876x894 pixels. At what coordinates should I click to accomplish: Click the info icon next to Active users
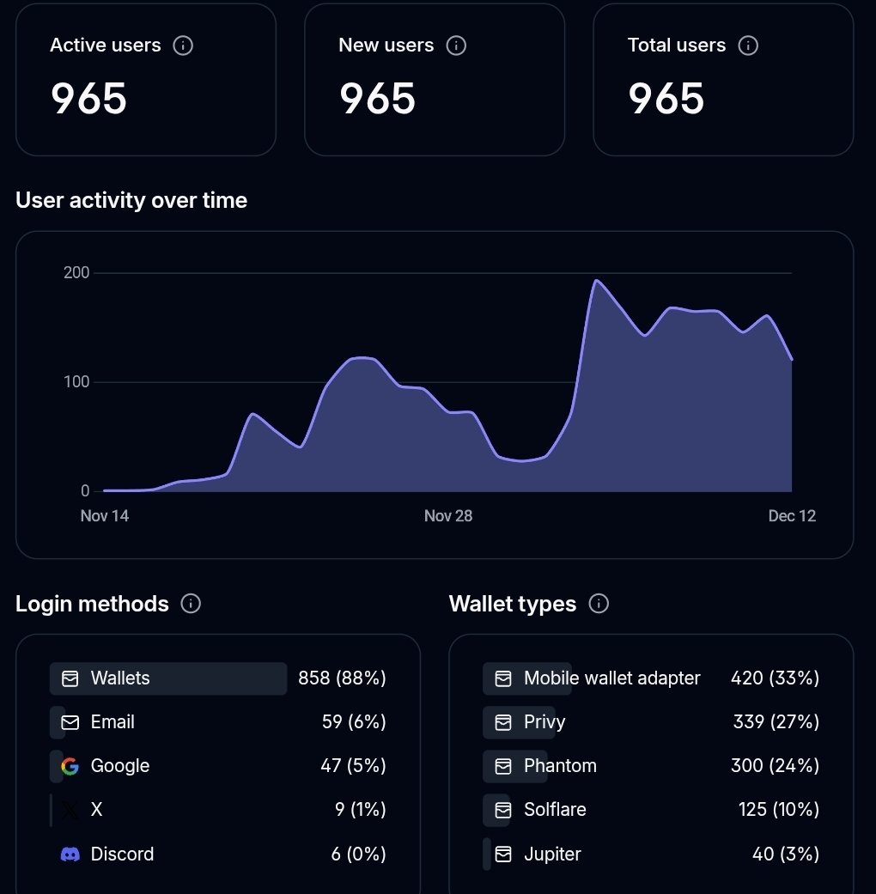point(183,46)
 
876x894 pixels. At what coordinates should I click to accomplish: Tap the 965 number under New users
point(378,99)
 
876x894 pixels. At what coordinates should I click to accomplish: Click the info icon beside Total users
point(748,46)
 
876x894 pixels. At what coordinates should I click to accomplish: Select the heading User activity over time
point(131,200)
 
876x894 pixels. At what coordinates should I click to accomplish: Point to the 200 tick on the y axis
point(76,273)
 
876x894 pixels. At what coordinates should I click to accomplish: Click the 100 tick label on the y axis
point(76,382)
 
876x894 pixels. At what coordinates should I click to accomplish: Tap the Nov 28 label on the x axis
point(448,516)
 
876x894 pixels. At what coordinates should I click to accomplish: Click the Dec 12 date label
point(792,516)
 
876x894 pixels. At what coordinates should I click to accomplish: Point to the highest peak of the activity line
point(596,281)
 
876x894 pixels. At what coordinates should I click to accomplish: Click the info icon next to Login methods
point(191,604)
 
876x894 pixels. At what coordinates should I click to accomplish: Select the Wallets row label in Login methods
point(120,678)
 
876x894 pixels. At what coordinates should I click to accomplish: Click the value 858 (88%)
point(342,678)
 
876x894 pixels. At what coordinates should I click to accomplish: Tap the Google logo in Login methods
point(70,766)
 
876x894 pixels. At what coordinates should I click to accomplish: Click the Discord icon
point(70,854)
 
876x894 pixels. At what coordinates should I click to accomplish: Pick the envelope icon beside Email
point(70,722)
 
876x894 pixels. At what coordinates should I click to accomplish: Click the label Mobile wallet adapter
point(612,678)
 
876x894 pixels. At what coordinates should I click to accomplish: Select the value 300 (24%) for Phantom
point(775,766)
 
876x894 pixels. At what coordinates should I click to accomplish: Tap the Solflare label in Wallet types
point(555,810)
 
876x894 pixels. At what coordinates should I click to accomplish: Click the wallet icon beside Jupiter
point(503,854)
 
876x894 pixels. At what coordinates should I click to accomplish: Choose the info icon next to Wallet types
point(599,604)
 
